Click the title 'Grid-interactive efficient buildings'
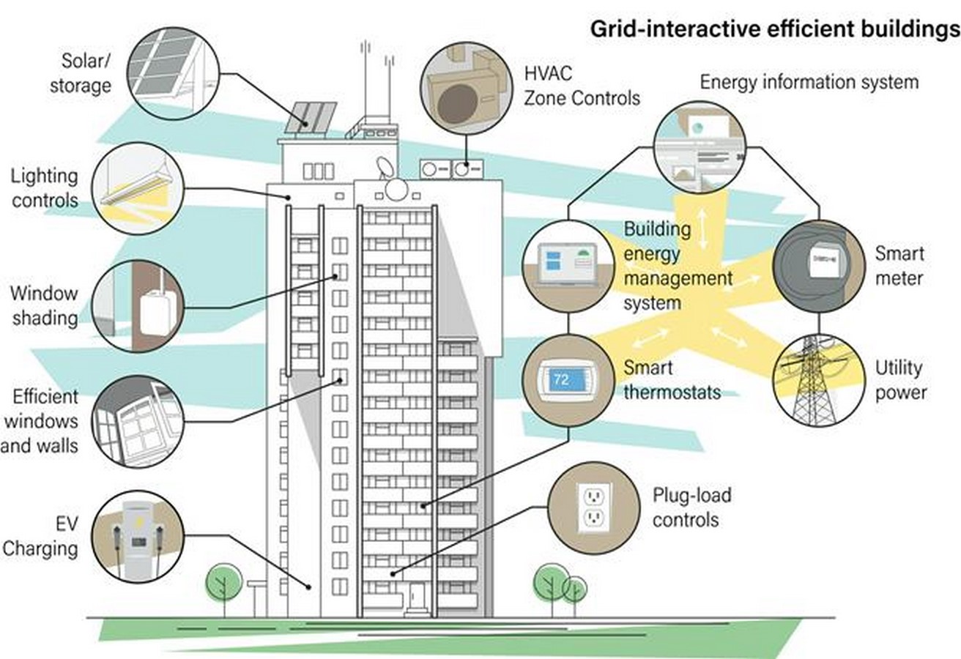[x=775, y=30]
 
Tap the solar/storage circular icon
[x=174, y=73]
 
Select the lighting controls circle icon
[x=138, y=188]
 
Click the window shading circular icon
[x=138, y=306]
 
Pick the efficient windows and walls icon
[x=138, y=422]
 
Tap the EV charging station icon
[x=138, y=537]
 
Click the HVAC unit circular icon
[x=466, y=88]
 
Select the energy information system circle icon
[x=700, y=147]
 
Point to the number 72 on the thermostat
[x=561, y=379]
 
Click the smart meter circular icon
[x=819, y=267]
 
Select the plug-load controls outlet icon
[x=594, y=507]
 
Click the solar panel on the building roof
[x=311, y=117]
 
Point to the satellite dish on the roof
[x=385, y=167]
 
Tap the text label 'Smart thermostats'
[x=672, y=380]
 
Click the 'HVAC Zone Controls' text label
[x=582, y=86]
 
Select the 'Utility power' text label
[x=900, y=380]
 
